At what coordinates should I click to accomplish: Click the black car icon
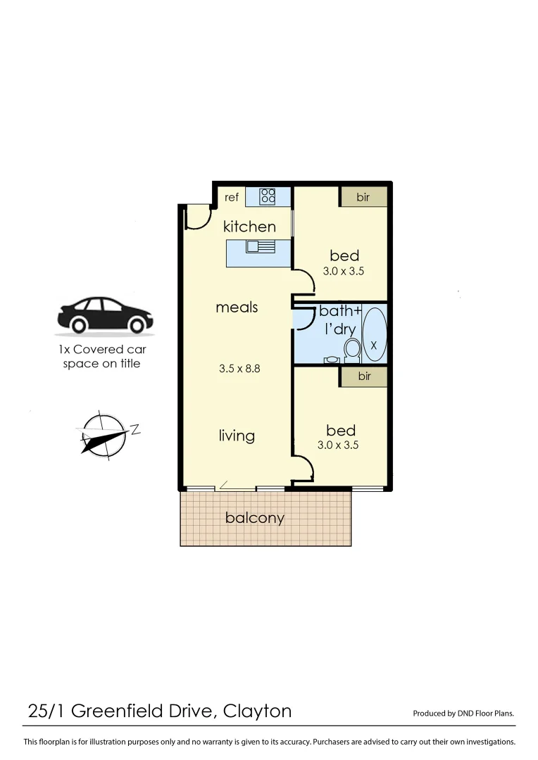pos(105,315)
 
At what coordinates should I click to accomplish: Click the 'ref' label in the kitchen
pos(232,197)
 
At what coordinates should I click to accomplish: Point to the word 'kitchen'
pos(249,226)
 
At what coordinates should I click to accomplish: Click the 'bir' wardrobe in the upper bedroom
pos(363,197)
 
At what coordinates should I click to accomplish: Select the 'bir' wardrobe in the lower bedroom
pos(364,376)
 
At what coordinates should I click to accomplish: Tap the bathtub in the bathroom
pos(374,333)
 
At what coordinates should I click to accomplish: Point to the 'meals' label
pos(237,307)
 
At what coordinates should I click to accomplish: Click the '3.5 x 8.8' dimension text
pos(237,367)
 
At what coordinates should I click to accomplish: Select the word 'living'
pos(237,436)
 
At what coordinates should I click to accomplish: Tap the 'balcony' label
pos(255,518)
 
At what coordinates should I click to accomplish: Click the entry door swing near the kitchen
pos(196,218)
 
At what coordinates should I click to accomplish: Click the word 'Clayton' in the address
pos(257,711)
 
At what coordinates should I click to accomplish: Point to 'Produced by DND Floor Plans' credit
pos(463,713)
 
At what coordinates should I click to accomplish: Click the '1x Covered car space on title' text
pos(101,357)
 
